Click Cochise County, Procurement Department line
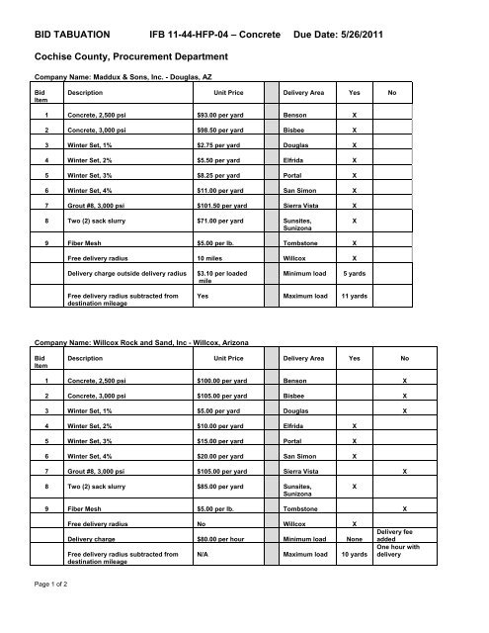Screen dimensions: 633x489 (132, 57)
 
